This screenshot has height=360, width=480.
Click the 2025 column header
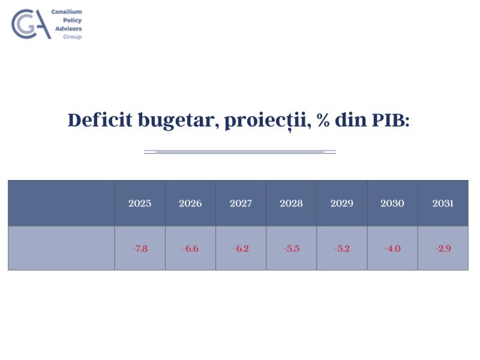[x=140, y=203]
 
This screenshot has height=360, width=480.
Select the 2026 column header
[x=190, y=203]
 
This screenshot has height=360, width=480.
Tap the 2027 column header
[x=241, y=203]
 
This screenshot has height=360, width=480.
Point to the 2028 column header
[x=291, y=203]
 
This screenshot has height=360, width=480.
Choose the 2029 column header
[x=341, y=203]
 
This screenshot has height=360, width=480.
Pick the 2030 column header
[x=392, y=203]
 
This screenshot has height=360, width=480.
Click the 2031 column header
[x=443, y=203]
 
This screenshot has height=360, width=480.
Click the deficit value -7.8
[x=140, y=248]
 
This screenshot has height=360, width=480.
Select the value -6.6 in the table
[x=190, y=248]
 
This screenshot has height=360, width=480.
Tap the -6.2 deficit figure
[x=241, y=248]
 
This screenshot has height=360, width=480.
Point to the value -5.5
[x=292, y=248]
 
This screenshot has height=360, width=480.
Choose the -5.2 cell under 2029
[x=342, y=248]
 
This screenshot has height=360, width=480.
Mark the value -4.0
[x=392, y=248]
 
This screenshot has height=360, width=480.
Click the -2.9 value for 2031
[x=443, y=248]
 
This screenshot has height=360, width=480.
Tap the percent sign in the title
[x=323, y=120]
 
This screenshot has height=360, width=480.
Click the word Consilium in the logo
[x=67, y=11]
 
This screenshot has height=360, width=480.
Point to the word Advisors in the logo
[x=68, y=28]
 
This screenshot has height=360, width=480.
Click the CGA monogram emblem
[x=31, y=24]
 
